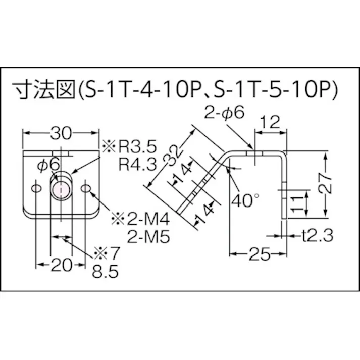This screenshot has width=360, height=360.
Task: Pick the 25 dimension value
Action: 260,254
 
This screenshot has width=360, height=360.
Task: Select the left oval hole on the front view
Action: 36,188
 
